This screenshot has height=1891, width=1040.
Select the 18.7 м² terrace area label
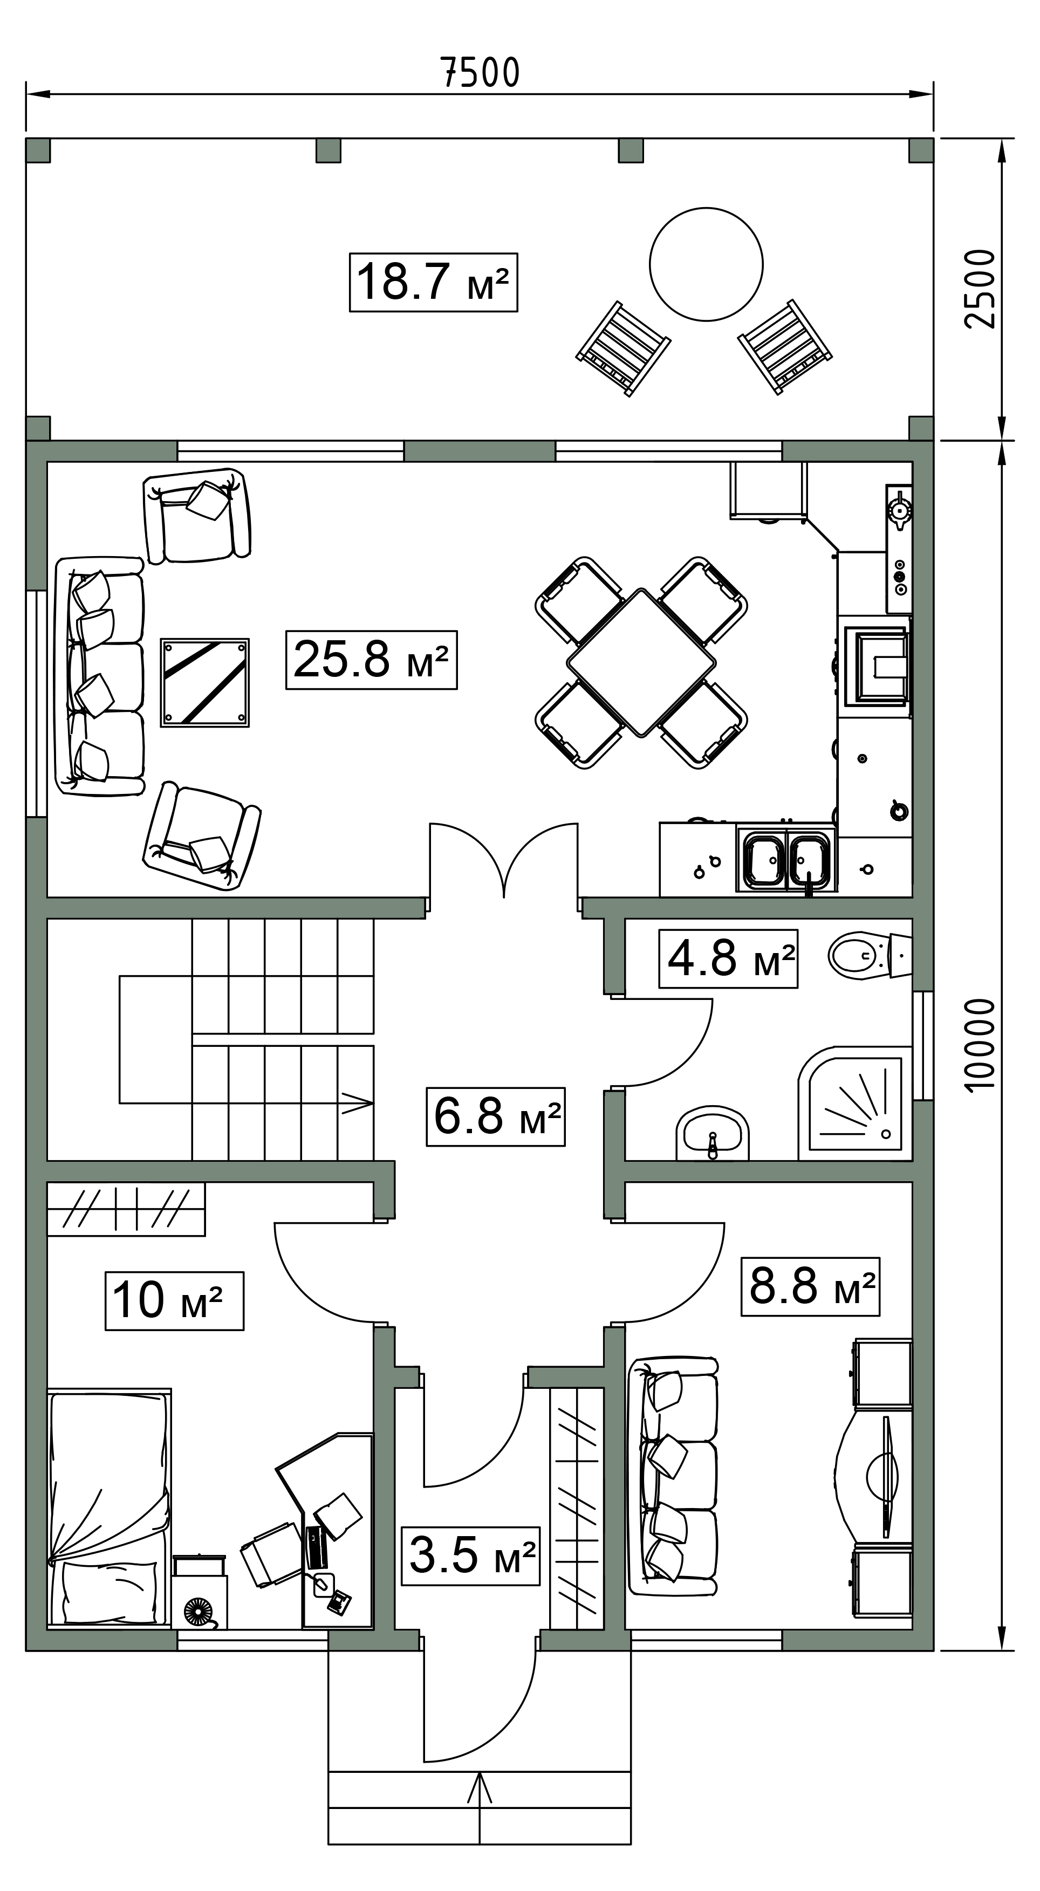pos(433,282)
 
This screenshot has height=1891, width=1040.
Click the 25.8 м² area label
pos(371,659)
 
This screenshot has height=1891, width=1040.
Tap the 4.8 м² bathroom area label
pos(728,958)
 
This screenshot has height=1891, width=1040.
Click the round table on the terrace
pos(706,264)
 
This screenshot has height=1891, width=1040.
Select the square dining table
pos(641,663)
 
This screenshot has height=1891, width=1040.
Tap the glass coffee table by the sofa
pos(205,683)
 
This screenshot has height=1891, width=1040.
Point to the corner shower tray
pos(855,1104)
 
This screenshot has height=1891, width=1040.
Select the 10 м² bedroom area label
pos(174,1301)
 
